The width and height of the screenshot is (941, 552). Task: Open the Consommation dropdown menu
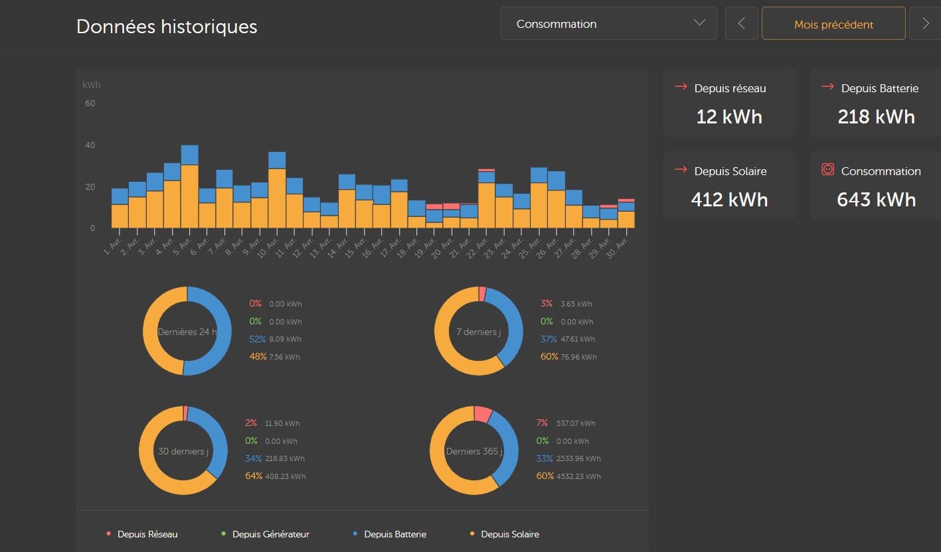[x=608, y=24]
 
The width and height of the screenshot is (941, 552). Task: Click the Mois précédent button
[x=833, y=25]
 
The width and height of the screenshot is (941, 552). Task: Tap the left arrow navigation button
[x=742, y=24]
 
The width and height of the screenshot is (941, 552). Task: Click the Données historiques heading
[x=167, y=27]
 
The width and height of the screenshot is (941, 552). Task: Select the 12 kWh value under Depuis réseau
[x=728, y=117]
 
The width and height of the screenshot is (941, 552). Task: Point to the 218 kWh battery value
[x=876, y=117]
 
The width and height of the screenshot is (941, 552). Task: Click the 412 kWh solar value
[x=728, y=200]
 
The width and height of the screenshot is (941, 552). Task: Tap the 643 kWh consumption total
[x=876, y=200]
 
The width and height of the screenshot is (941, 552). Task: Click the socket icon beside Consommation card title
[x=827, y=170]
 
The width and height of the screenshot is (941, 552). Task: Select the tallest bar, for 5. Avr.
[x=189, y=192]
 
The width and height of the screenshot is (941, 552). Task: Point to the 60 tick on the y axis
[x=90, y=103]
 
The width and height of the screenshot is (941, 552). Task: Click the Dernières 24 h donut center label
[x=187, y=332]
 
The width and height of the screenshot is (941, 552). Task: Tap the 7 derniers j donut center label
[x=478, y=332]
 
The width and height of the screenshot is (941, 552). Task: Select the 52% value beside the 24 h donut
[x=258, y=339]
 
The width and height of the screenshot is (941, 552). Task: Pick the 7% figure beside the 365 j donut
[x=542, y=423]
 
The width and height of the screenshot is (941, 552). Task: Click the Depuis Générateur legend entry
[x=270, y=534]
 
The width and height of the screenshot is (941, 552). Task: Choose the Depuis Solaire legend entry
[x=509, y=534]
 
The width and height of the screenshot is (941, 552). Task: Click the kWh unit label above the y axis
[x=92, y=85]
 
